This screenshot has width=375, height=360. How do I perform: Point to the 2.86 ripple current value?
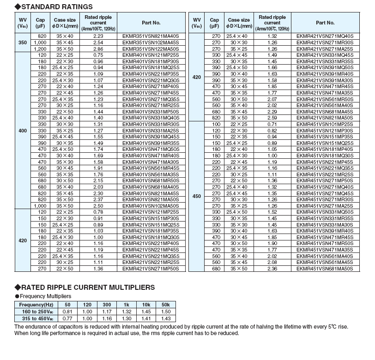point(98,48)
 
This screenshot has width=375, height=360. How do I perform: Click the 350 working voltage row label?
point(22,42)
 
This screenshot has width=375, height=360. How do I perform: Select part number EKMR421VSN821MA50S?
point(325,118)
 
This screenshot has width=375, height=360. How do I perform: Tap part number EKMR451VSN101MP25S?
point(325,124)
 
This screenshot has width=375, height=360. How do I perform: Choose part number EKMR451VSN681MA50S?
point(325,268)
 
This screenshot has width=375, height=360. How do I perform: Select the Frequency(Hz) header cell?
point(36,305)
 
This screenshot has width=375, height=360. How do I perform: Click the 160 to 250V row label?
point(36,312)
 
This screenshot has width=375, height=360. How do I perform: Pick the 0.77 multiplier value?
point(68,319)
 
